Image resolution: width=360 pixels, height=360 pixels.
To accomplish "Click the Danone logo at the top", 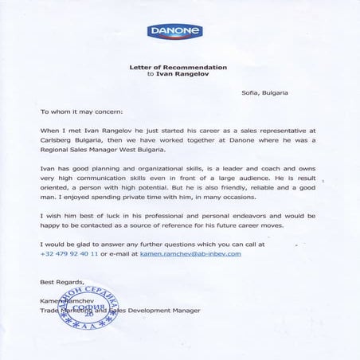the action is (x=174, y=33).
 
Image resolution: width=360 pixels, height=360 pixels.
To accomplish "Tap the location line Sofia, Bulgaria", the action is (x=264, y=93).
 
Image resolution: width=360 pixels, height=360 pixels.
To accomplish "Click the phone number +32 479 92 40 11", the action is (x=69, y=253).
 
